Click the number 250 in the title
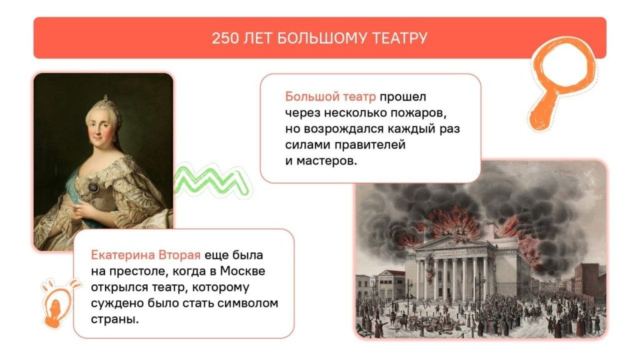pos(225,38)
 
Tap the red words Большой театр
pos(330,97)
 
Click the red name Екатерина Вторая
pos(146,255)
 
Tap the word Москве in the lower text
pos(242,271)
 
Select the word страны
pos(115,319)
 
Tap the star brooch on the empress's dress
pos(94,187)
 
